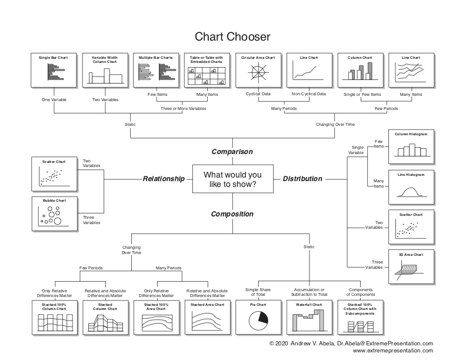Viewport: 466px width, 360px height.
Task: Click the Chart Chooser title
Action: (232, 37)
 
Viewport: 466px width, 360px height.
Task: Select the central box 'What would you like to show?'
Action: (232, 179)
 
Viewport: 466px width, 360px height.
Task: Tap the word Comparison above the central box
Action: (232, 152)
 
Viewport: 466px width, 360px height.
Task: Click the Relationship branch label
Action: (164, 179)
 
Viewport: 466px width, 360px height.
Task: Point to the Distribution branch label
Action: (302, 179)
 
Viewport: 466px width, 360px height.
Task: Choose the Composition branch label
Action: (232, 214)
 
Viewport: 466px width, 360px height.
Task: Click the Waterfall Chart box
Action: (309, 318)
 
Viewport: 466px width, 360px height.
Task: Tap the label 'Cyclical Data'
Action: (258, 94)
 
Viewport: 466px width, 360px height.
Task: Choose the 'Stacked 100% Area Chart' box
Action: (156, 318)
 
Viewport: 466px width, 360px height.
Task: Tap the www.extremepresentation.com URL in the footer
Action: (392, 351)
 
